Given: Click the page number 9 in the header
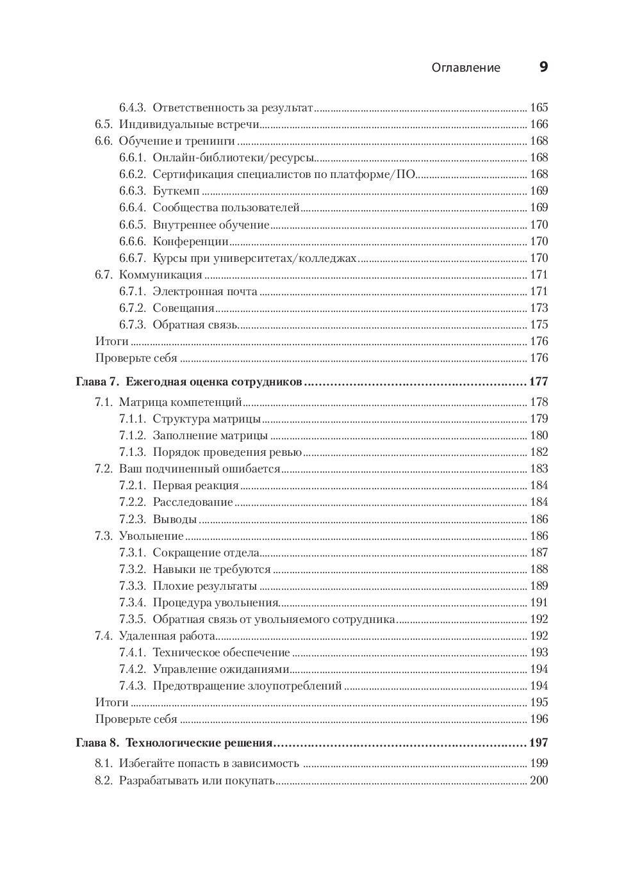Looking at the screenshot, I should [543, 67].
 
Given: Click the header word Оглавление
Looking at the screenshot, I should [466, 68].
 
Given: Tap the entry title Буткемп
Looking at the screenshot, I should [176, 191].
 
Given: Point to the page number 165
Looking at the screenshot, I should [539, 108].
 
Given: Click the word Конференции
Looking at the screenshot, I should [190, 241].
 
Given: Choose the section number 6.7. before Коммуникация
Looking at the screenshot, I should [104, 275].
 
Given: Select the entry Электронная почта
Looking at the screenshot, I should [205, 291].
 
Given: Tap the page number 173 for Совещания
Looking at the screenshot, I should [539, 308].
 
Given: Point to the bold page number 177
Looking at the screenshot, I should [538, 382].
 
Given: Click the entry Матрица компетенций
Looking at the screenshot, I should [180, 402].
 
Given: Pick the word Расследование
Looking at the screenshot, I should [193, 502].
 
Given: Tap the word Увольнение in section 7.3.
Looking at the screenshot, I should [151, 536].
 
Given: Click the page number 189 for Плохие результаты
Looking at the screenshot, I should [539, 586].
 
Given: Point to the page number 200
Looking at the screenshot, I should [539, 780].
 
